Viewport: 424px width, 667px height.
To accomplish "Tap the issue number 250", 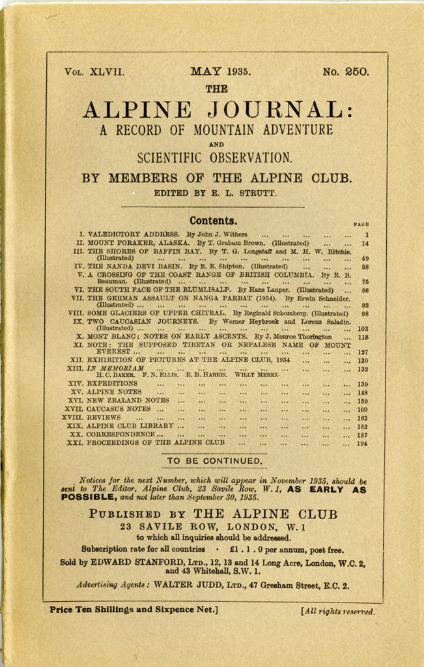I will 357,72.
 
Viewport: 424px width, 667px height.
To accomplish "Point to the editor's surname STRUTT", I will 259,193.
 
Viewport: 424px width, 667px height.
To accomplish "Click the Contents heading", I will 213,221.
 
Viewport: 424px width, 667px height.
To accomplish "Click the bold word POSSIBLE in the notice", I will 89,497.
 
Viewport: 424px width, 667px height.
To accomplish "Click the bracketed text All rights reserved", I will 337,612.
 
